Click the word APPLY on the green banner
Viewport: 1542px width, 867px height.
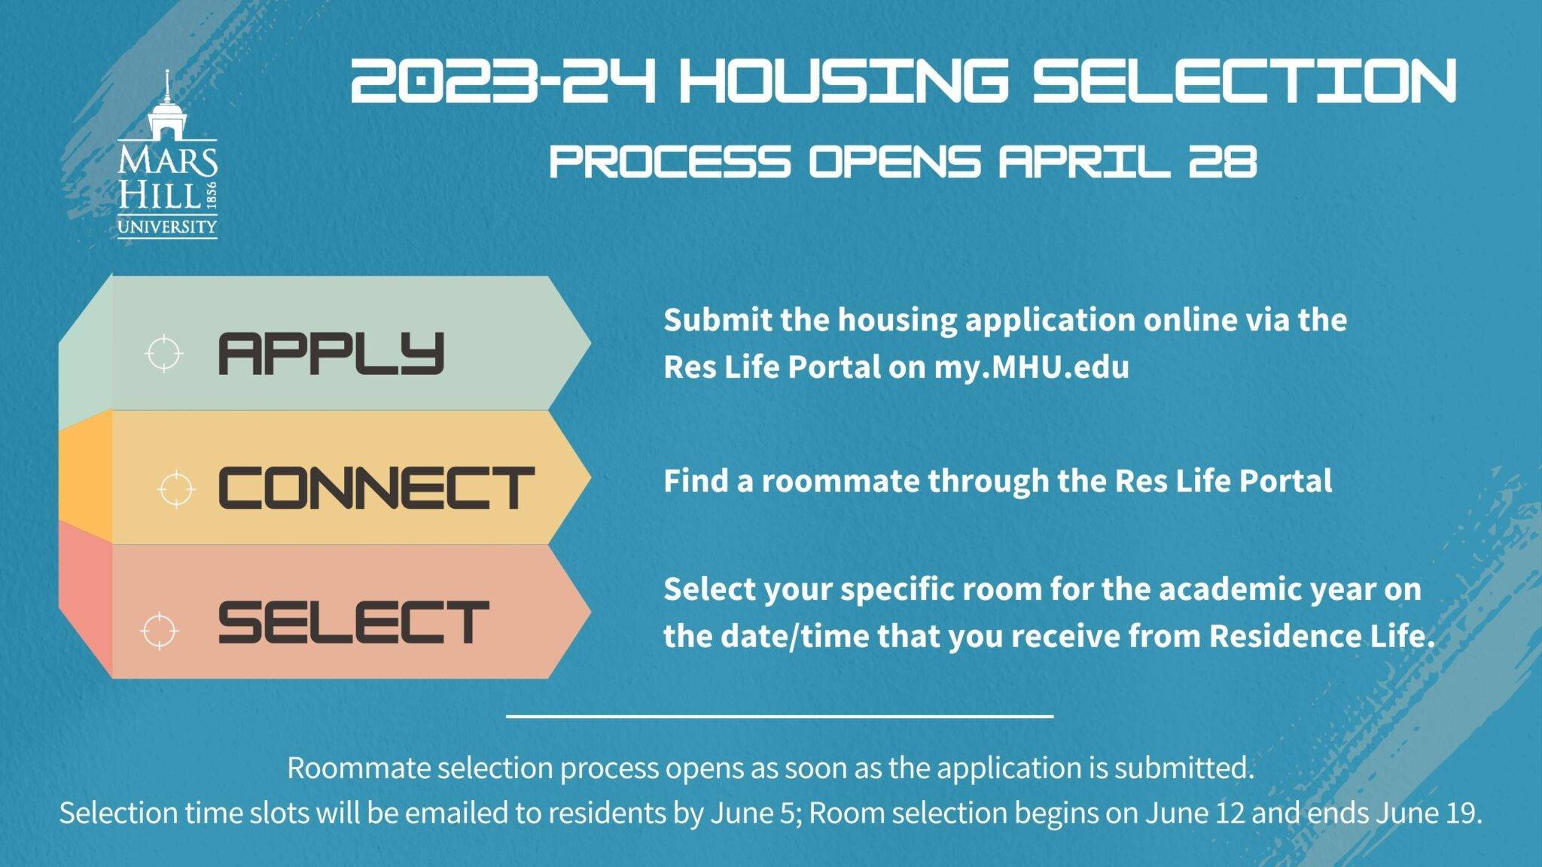pyautogui.click(x=331, y=353)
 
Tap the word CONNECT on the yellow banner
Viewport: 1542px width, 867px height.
pyautogui.click(x=376, y=487)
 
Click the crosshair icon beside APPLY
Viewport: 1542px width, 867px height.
pyautogui.click(x=163, y=353)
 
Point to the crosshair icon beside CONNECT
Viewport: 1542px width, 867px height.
pyautogui.click(x=176, y=491)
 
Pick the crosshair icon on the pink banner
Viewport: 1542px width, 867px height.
pyautogui.click(x=160, y=630)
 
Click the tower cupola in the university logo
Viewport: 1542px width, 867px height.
pyautogui.click(x=167, y=105)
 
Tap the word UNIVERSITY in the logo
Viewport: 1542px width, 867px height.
pyautogui.click(x=167, y=227)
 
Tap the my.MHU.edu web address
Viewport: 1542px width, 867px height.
pyautogui.click(x=1032, y=367)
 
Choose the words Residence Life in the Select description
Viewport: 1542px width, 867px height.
pyautogui.click(x=1322, y=636)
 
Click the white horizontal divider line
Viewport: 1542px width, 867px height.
pyautogui.click(x=779, y=716)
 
